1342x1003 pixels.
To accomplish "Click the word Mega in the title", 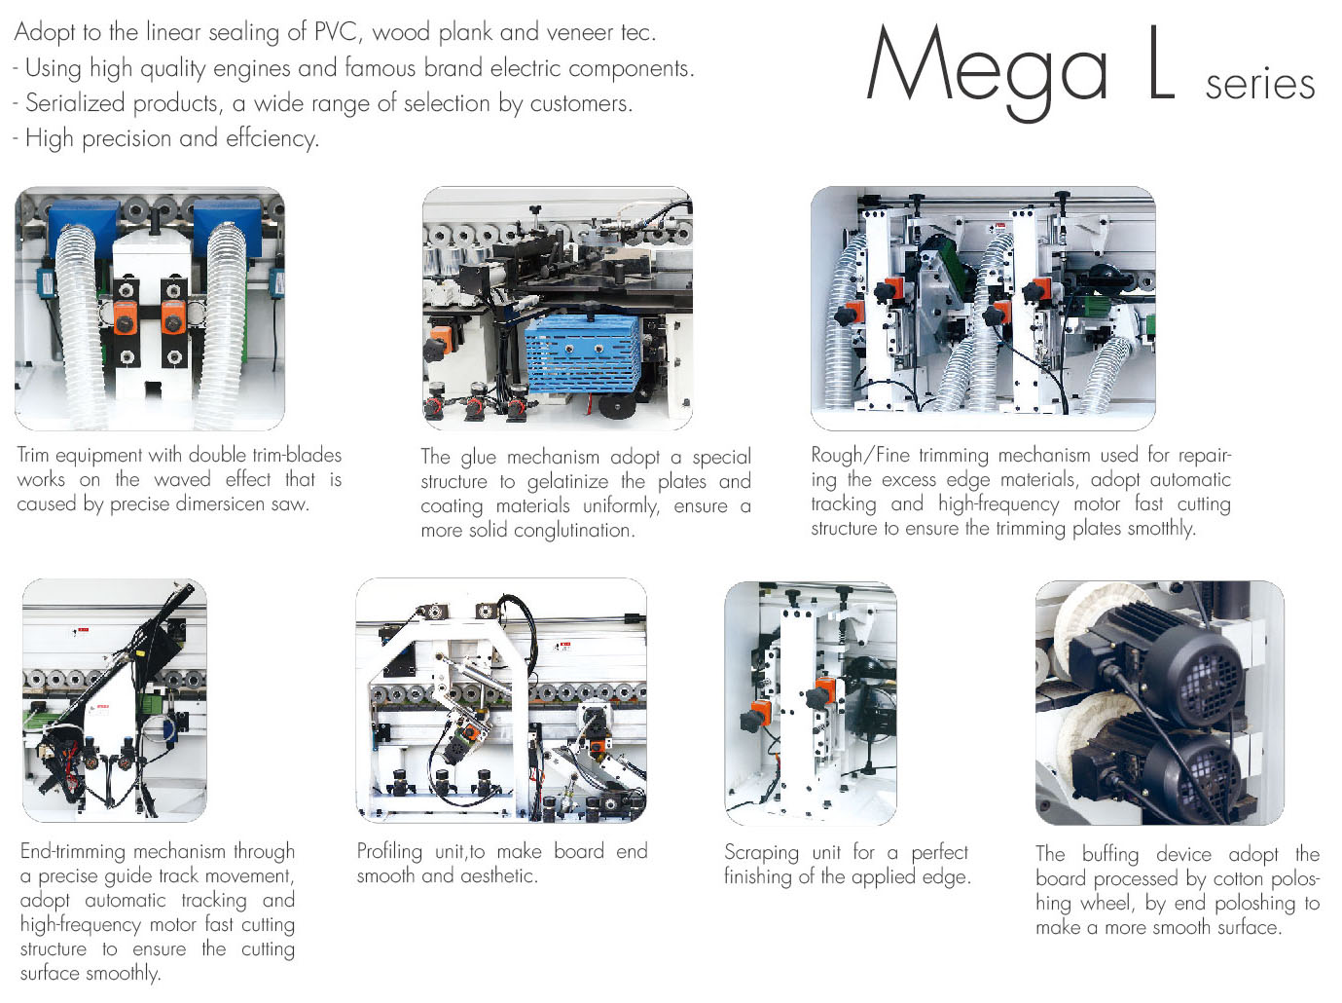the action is (x=987, y=70).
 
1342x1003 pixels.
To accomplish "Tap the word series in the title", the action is (x=1260, y=85).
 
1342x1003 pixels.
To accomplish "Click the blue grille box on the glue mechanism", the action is (x=583, y=353).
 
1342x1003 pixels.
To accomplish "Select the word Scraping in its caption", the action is (x=761, y=853).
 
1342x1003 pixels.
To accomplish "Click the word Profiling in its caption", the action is (x=389, y=852).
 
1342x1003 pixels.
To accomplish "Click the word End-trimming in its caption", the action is (x=73, y=851).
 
